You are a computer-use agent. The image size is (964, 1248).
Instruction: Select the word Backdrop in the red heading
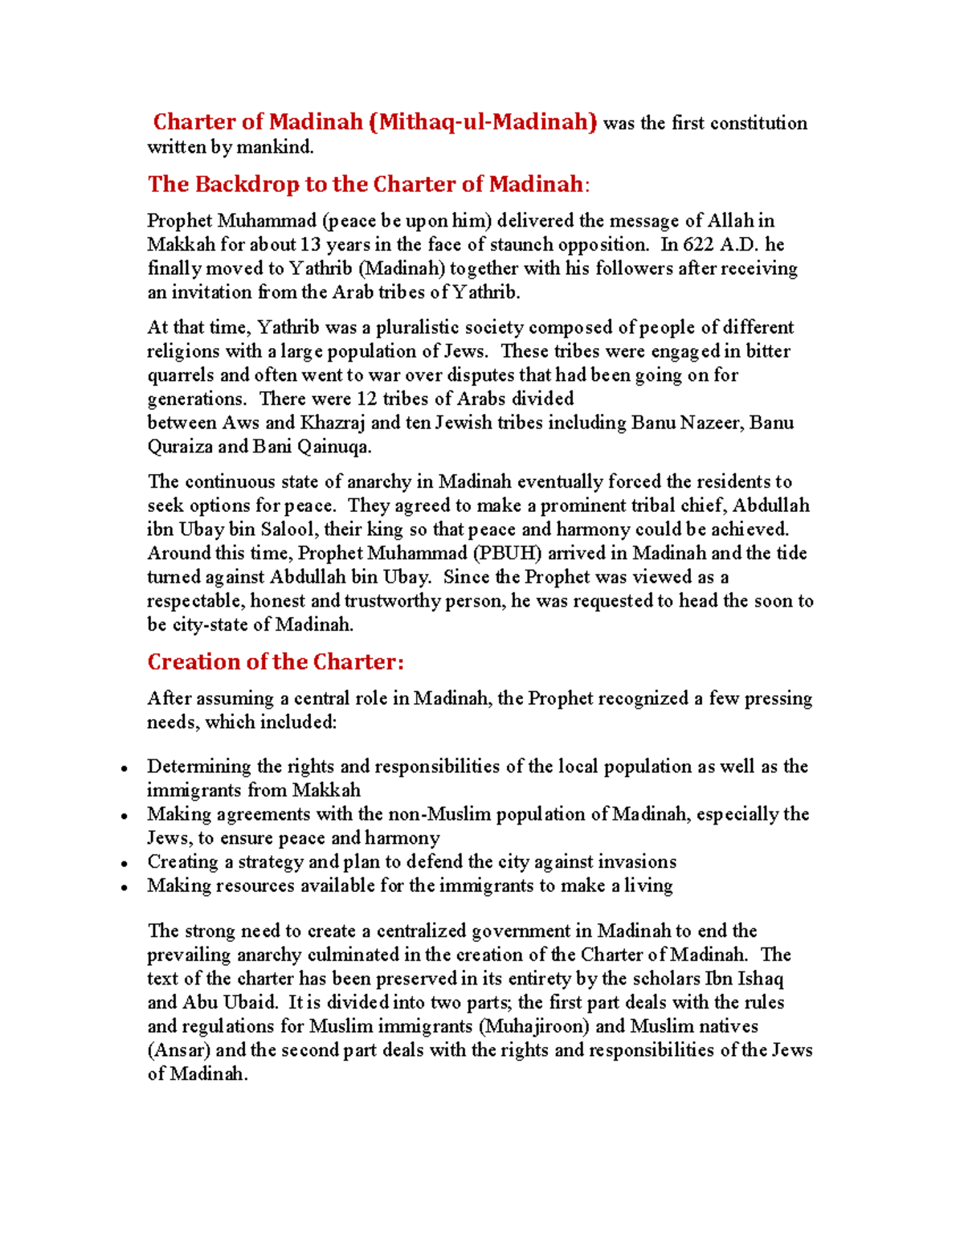(247, 184)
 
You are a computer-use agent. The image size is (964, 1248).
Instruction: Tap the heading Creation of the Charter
(276, 661)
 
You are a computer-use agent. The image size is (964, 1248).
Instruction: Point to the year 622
(698, 245)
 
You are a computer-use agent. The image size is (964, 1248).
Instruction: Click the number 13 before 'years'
(310, 245)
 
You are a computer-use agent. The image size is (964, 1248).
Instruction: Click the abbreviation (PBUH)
(508, 554)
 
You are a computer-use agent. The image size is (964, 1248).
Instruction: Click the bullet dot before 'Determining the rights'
(125, 769)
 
